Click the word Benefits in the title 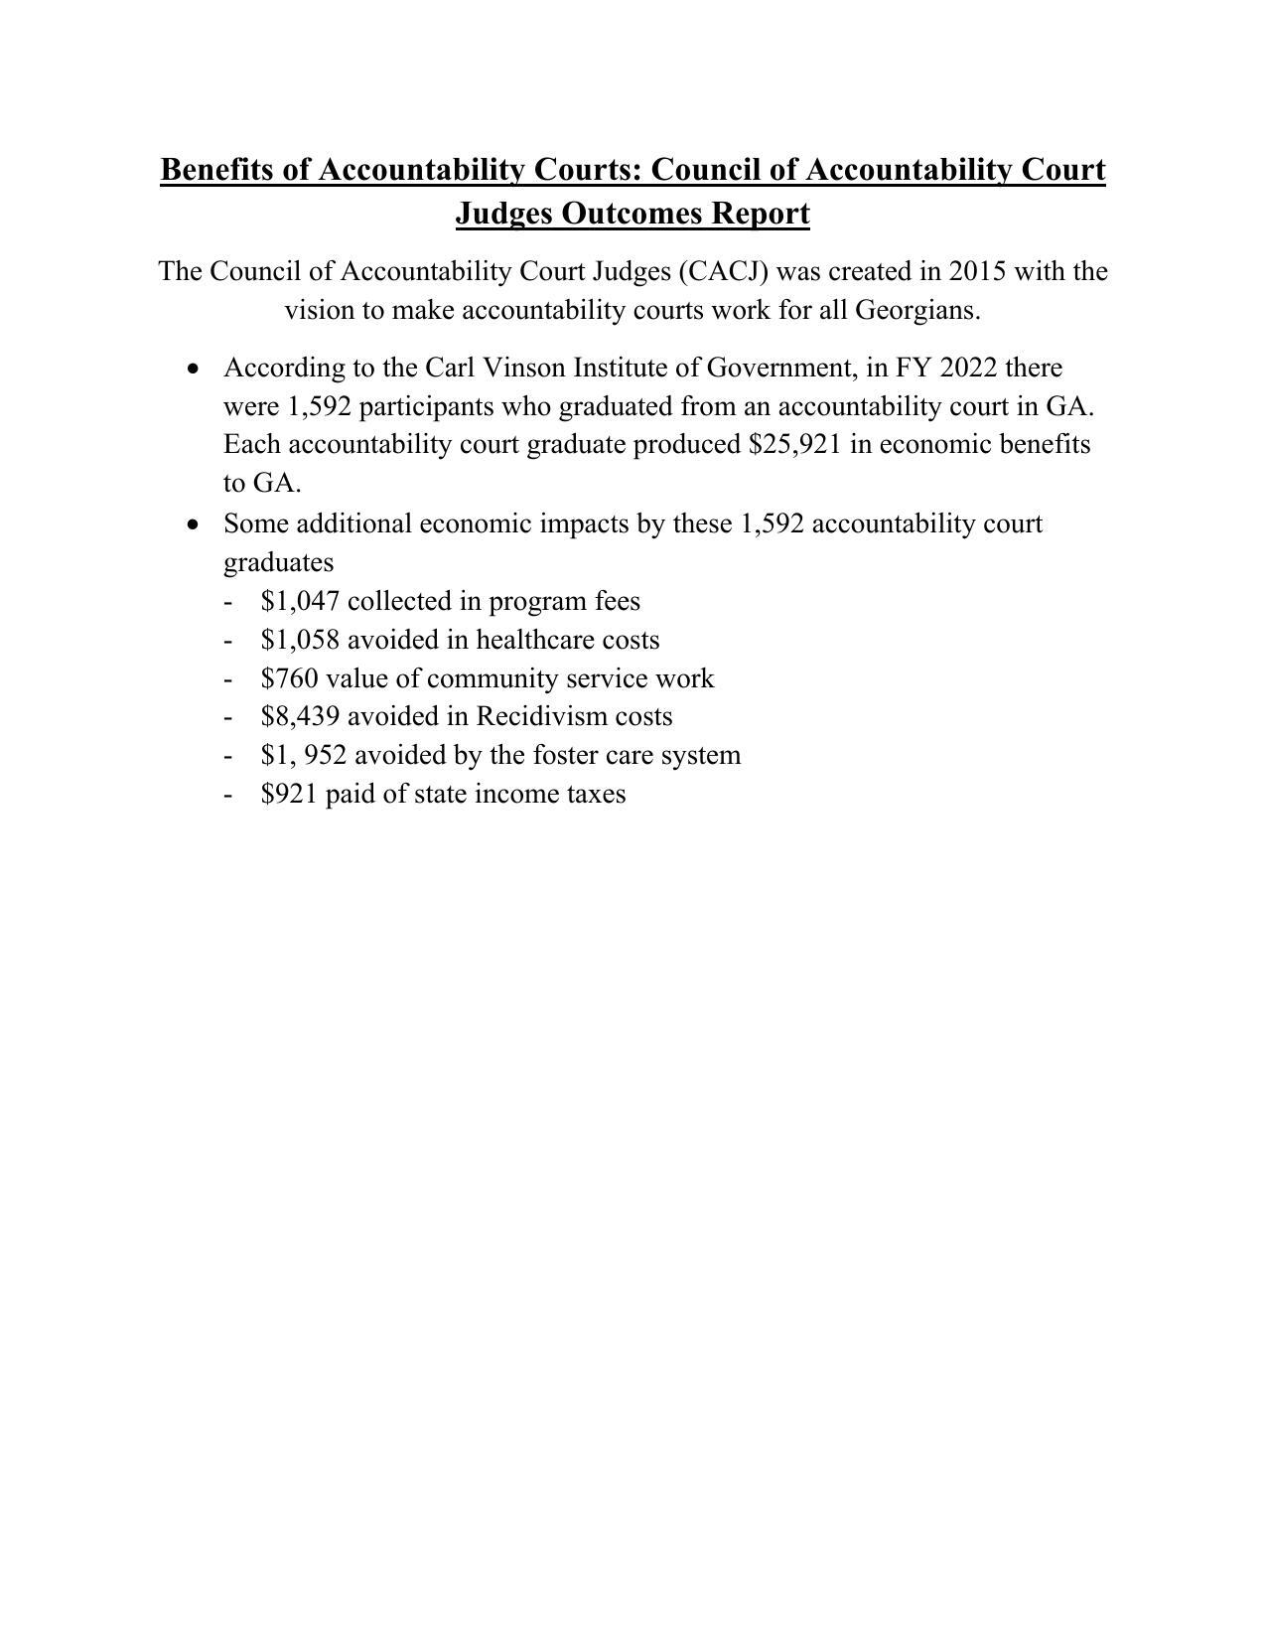(x=216, y=170)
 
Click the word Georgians (x=917, y=310)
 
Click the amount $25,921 (x=795, y=444)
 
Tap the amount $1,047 (x=300, y=601)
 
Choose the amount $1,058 (x=300, y=640)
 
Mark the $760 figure (x=289, y=678)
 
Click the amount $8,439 (x=300, y=716)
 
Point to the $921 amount (x=289, y=794)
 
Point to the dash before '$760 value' (x=229, y=679)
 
